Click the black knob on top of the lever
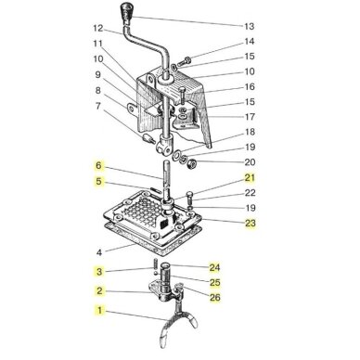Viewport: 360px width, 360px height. point(126,12)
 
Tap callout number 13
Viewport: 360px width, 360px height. point(249,26)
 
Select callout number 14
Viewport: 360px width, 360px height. point(250,42)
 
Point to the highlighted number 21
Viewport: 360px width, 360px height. point(250,178)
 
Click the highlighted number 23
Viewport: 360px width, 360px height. point(251,223)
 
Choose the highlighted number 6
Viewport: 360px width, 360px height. point(98,165)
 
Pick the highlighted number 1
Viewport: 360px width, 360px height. point(99,310)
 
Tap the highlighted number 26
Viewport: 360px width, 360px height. point(215,298)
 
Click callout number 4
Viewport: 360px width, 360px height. point(99,252)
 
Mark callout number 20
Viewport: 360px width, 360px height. point(250,162)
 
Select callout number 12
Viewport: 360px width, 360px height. point(98,28)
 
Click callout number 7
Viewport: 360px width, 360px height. point(98,106)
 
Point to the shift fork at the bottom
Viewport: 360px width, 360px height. point(177,322)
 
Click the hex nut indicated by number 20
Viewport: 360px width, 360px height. point(192,163)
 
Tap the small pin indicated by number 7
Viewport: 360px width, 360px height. point(148,137)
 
